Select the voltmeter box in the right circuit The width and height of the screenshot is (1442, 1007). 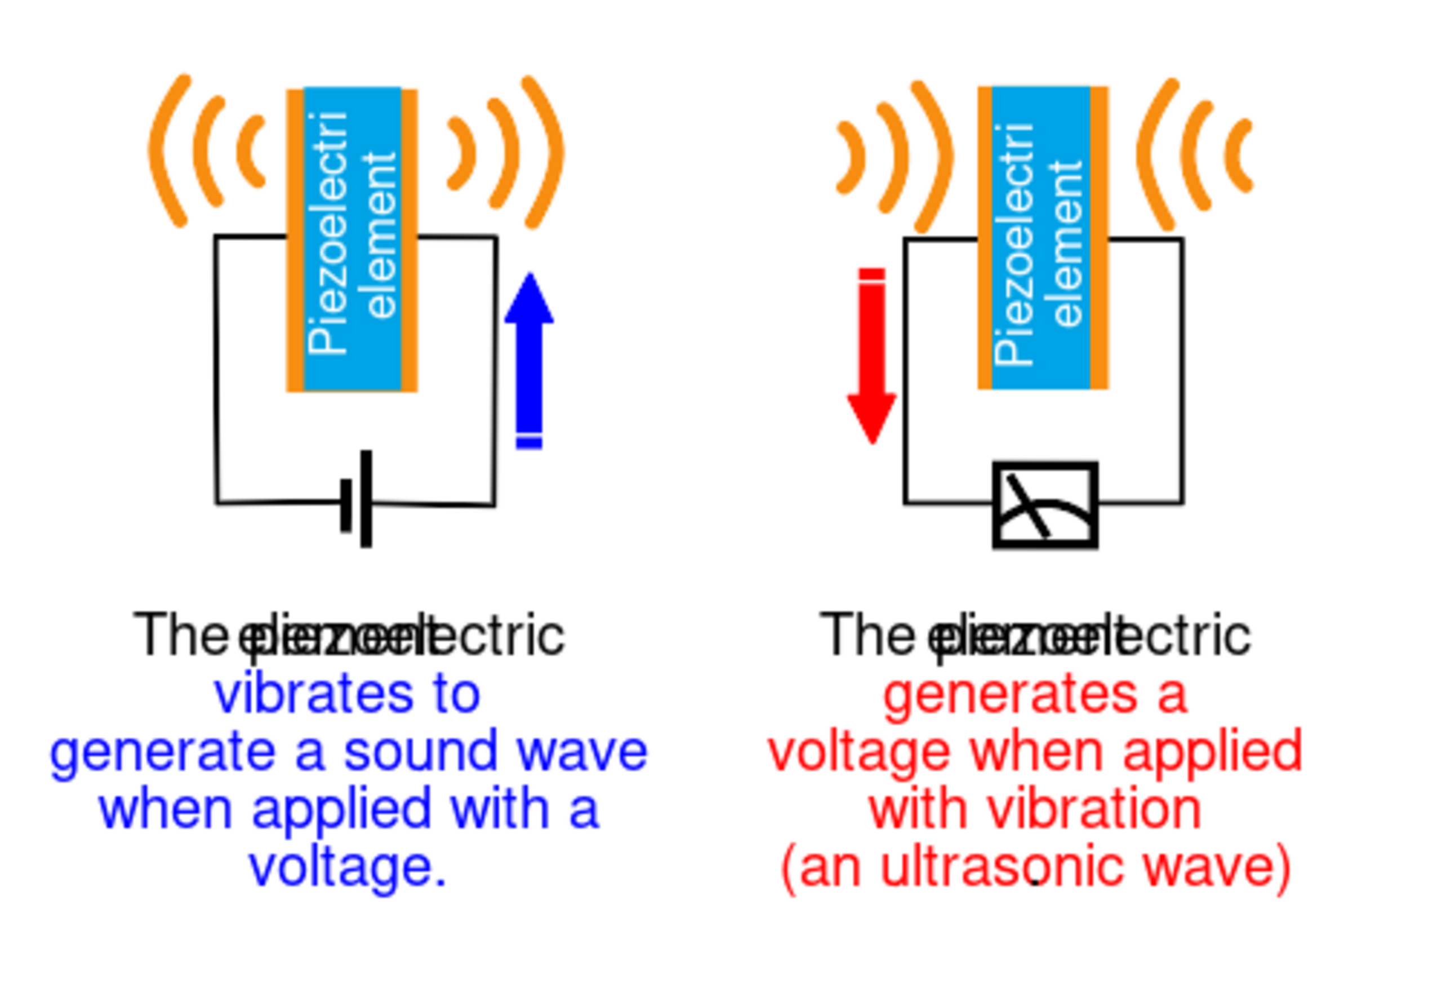click(1045, 505)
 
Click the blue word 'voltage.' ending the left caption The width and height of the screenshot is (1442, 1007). click(348, 868)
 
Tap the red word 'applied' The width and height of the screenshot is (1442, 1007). click(1212, 752)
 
